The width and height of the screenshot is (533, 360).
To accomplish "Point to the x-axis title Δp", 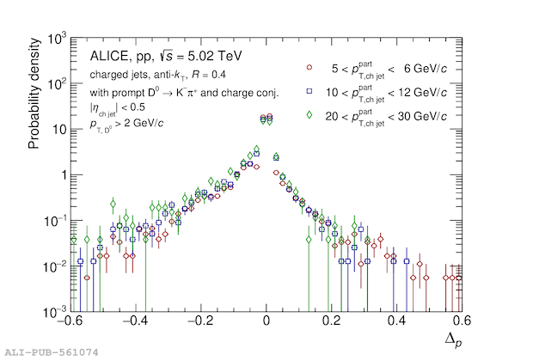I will [452, 340].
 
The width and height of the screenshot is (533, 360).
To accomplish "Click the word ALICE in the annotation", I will [108, 57].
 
